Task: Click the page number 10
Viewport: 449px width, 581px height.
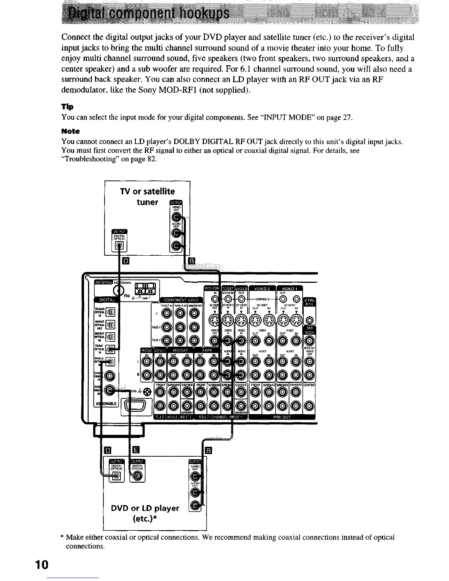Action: pyautogui.click(x=42, y=564)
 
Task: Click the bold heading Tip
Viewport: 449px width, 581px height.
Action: pyautogui.click(x=67, y=107)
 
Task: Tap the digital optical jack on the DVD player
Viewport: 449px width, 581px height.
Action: pyautogui.click(x=116, y=476)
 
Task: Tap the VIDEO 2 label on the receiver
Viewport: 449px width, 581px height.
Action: pyautogui.click(x=262, y=288)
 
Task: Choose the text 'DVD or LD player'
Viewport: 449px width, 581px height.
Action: pyautogui.click(x=145, y=508)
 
